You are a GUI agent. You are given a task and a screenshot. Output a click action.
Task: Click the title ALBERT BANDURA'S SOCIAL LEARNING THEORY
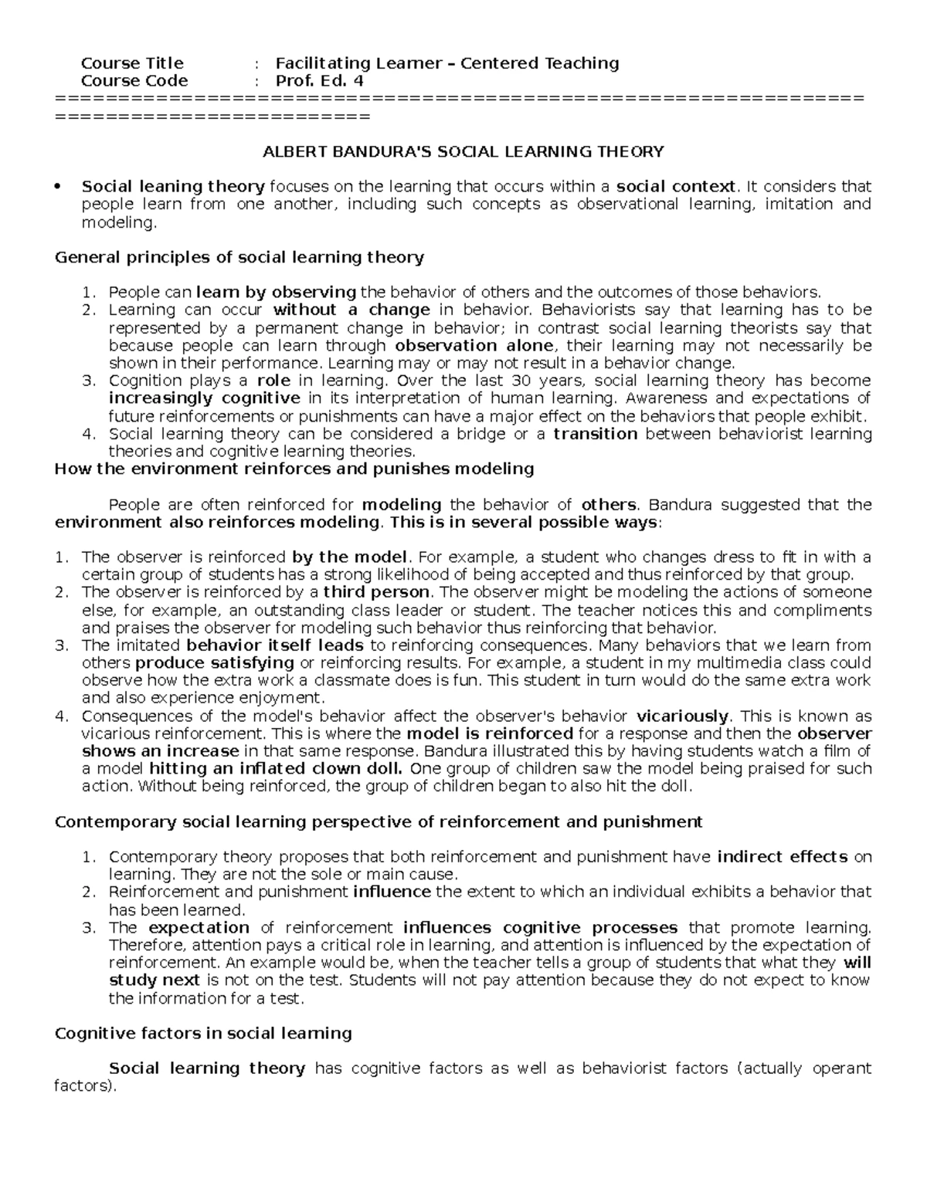click(x=463, y=151)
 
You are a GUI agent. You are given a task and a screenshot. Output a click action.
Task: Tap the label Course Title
click(x=132, y=63)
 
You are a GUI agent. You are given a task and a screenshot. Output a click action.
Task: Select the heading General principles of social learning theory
click(x=239, y=257)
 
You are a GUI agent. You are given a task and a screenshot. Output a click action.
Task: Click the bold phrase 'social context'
click(x=676, y=187)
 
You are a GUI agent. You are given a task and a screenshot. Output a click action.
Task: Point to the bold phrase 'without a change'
click(x=351, y=310)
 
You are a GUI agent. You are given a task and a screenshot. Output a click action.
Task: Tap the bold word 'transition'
click(x=595, y=434)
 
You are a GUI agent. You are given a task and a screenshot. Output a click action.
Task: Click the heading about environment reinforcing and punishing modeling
click(x=294, y=469)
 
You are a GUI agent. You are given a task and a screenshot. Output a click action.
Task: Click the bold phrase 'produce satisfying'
click(x=215, y=663)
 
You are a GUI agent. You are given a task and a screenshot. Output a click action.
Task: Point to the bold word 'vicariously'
click(x=682, y=716)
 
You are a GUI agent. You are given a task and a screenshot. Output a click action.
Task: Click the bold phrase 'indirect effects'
click(x=783, y=857)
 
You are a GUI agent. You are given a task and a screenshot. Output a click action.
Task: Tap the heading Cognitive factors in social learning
click(x=203, y=1033)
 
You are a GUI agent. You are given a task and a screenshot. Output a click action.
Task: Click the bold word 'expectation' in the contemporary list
click(x=199, y=928)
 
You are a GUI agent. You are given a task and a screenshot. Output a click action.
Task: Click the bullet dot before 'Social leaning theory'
click(x=59, y=188)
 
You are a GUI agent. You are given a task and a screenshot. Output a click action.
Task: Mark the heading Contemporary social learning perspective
click(x=379, y=821)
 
